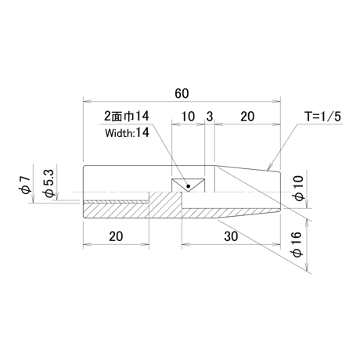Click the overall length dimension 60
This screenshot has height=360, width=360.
click(182, 93)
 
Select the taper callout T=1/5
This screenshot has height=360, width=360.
click(323, 117)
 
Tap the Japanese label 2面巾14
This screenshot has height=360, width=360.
click(127, 116)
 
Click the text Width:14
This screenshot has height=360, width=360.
click(127, 133)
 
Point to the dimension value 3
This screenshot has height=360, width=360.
click(210, 117)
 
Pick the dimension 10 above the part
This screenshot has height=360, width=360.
click(188, 117)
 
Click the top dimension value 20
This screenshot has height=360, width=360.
click(247, 117)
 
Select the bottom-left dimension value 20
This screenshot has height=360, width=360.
click(116, 236)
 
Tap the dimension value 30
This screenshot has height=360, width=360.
click(231, 236)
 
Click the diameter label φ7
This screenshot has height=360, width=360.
click(27, 185)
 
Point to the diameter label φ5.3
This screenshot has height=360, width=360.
click(49, 183)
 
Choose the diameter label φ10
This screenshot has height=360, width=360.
click(299, 188)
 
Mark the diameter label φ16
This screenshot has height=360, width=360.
click(297, 244)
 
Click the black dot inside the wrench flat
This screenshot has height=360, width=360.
click(189, 186)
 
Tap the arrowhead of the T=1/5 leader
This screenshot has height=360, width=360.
click(270, 167)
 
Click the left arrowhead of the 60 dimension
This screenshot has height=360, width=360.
click(87, 101)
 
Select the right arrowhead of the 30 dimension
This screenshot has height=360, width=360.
click(276, 244)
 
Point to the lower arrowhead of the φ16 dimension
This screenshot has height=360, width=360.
click(307, 266)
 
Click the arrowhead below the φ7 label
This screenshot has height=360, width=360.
click(33, 199)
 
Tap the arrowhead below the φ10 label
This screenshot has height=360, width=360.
click(307, 204)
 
